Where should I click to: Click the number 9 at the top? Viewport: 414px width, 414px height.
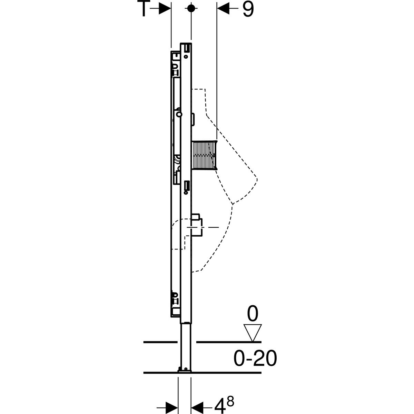(248, 9)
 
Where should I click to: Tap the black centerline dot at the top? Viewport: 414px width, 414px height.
(191, 8)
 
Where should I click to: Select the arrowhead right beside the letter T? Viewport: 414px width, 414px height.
(165, 9)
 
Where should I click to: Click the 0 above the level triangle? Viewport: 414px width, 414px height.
(253, 314)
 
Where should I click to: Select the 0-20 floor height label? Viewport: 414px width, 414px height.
(255, 359)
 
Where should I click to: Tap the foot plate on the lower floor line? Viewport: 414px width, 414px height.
(184, 371)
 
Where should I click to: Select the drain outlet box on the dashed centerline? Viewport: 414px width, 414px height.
(196, 226)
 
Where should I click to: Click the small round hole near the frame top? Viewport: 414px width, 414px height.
(186, 57)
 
